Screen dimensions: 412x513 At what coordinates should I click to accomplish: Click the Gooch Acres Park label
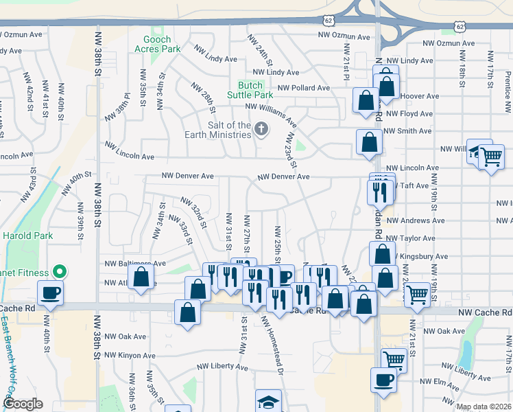157,45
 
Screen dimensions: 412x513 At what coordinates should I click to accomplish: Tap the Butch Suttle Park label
251,90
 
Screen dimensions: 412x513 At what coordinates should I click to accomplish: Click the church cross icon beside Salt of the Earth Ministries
261,128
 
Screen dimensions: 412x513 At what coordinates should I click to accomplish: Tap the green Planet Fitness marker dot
59,271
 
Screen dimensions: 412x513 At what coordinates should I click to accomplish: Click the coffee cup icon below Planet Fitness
50,293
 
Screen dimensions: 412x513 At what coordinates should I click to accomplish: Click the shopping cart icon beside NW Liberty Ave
394,359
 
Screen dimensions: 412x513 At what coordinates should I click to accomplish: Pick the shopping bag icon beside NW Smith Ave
369,143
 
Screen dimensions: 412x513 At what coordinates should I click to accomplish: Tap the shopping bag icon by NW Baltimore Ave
141,278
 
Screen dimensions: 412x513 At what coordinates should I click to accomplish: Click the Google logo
23,404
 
